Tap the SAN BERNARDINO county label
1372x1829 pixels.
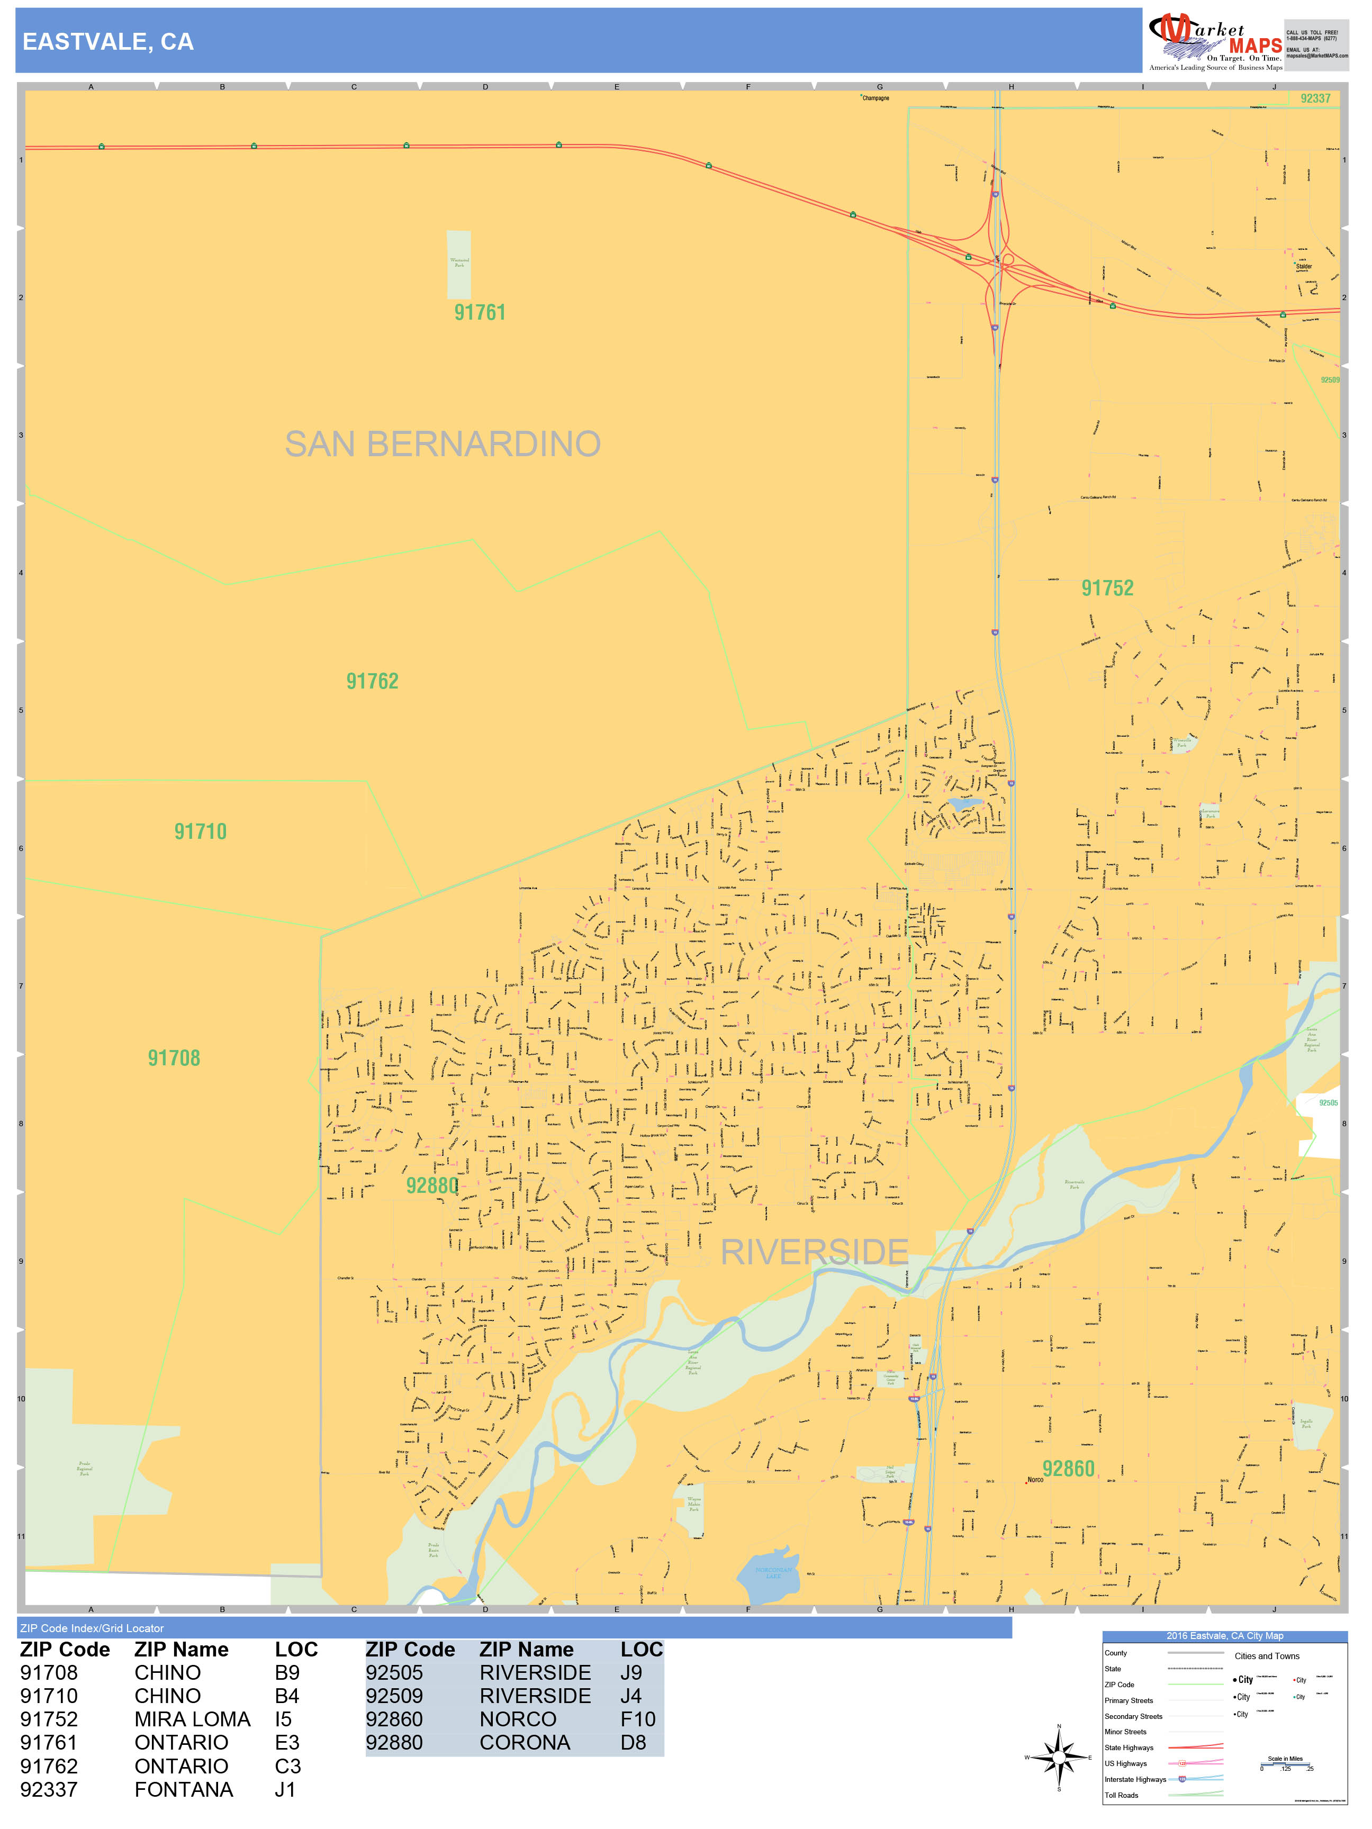pos(443,444)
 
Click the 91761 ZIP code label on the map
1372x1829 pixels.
pos(480,313)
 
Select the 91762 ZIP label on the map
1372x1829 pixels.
pos(372,681)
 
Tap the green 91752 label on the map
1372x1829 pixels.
pos(1107,588)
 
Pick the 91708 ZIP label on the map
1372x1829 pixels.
pos(174,1058)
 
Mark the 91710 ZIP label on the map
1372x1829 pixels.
pos(200,832)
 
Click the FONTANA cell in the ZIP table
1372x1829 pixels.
pos(184,1789)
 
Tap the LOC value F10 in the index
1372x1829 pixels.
pos(638,1719)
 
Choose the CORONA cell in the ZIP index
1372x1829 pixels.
pos(525,1742)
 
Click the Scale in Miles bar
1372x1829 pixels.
pos(1285,1764)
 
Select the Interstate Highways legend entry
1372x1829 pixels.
pos(1135,1779)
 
